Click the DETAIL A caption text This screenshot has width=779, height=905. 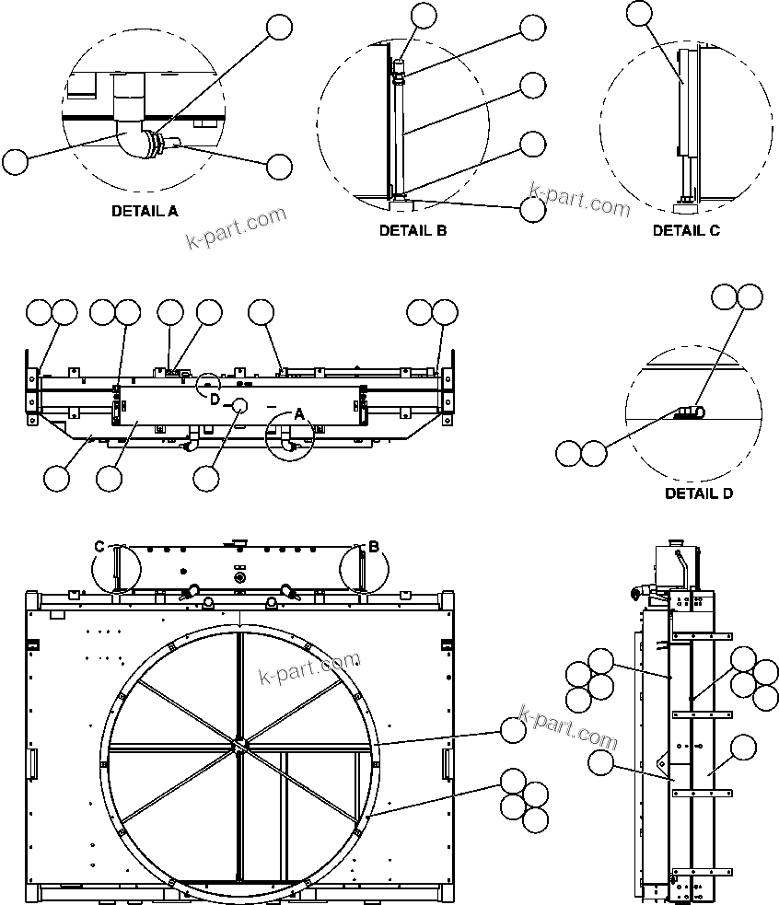145,211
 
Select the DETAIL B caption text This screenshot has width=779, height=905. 413,230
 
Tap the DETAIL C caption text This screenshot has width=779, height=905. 686,230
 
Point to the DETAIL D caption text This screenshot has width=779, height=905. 699,493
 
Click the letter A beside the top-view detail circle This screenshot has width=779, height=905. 298,415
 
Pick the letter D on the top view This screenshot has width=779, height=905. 214,399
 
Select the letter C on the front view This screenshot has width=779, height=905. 99,547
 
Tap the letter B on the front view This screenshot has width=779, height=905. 374,547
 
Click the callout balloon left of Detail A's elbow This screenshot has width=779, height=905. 15,162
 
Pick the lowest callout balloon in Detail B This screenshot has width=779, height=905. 532,209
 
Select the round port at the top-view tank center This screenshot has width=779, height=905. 239,405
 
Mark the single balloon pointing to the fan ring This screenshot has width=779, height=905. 512,730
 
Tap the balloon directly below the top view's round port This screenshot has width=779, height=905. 207,477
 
